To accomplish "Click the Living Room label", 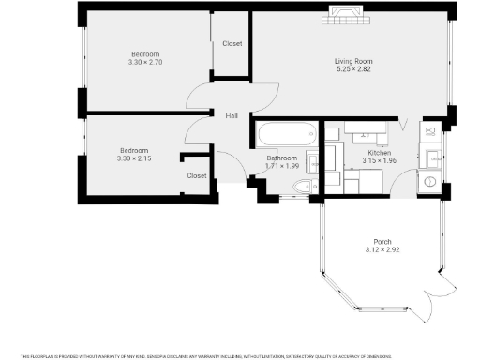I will (x=349, y=62).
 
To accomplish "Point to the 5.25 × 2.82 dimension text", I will (x=349, y=69).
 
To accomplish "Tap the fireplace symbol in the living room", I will (x=340, y=13).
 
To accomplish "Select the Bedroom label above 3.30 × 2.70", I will (x=144, y=53).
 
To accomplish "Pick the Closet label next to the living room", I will (x=232, y=44).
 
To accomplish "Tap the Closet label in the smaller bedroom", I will (x=197, y=175).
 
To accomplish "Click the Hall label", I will (x=231, y=115).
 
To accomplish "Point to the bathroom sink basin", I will (x=311, y=165).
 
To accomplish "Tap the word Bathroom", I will (x=282, y=158).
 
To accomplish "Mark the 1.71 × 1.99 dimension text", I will (x=282, y=166).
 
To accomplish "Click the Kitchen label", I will (x=379, y=153).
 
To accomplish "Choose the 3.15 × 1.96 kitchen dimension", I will (x=379, y=160).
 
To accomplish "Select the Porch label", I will (x=382, y=242).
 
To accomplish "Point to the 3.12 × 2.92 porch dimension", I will (x=382, y=249).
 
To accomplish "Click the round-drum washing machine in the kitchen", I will (x=429, y=180).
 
